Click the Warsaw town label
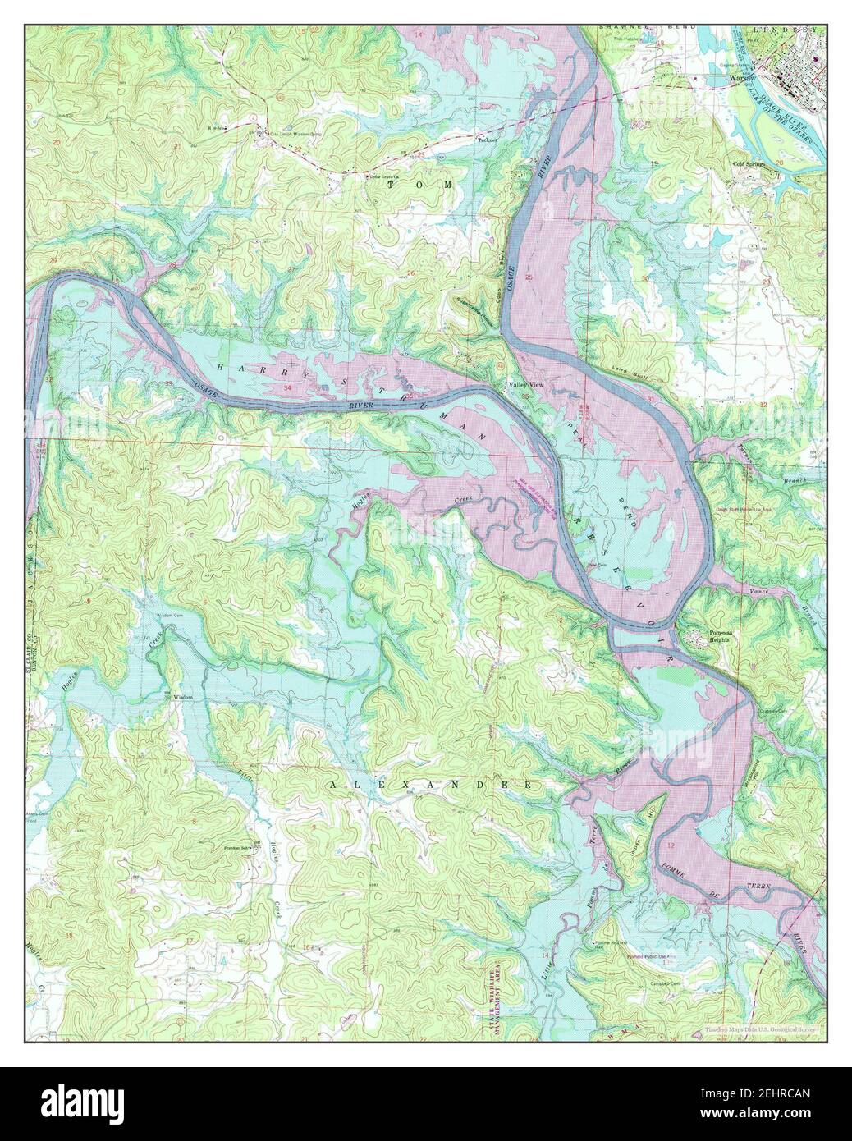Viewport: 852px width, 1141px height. pos(719,80)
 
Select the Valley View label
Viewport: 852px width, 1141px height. pos(525,384)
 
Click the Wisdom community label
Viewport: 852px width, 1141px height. pos(182,697)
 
